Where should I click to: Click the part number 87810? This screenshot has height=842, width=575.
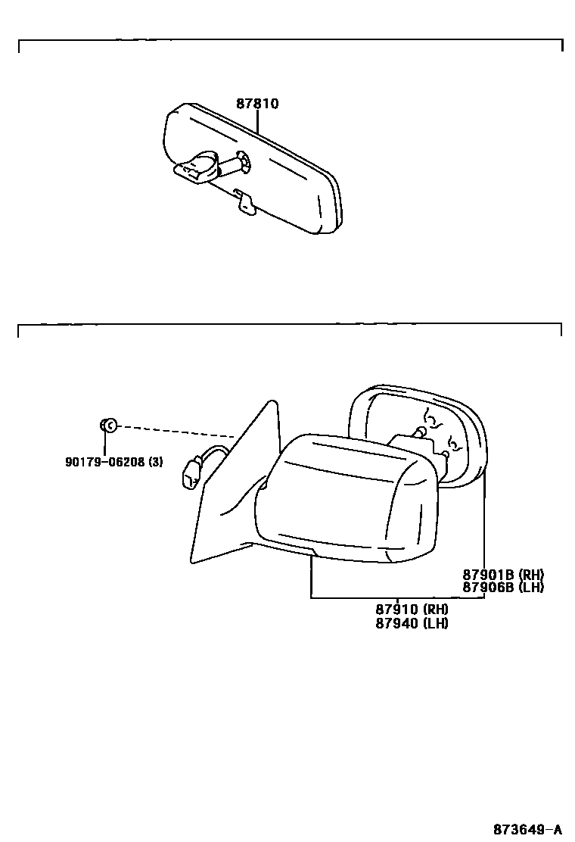(x=257, y=104)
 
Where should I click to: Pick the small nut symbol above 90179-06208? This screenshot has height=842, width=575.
(x=107, y=426)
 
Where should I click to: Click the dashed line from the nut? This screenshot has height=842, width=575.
(x=174, y=432)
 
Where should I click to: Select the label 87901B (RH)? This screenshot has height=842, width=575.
(x=503, y=575)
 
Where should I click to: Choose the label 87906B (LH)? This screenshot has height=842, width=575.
(x=503, y=587)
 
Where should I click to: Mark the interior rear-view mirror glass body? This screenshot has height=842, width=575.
(x=295, y=182)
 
